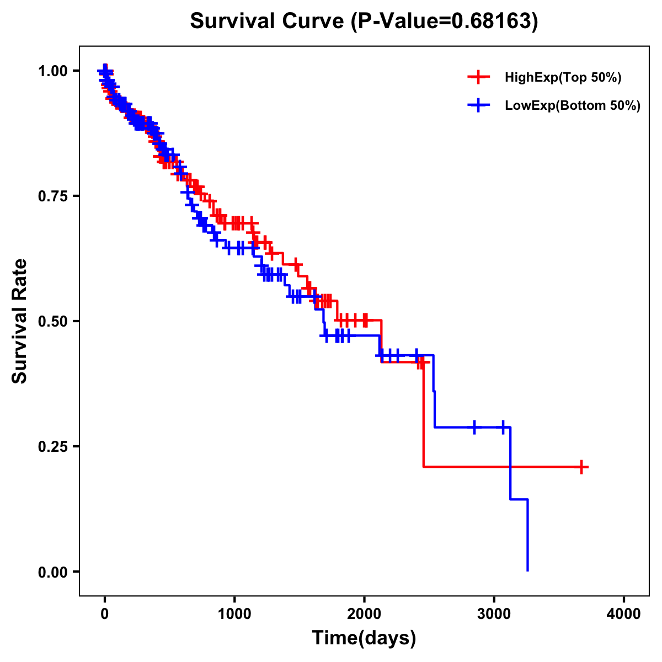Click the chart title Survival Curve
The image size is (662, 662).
pos(268,21)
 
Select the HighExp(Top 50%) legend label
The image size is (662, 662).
pos(563,78)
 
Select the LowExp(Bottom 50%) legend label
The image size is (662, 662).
pos(572,106)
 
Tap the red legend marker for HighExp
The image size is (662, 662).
pos(478,78)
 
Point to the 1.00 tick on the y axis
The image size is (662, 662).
pos(53,71)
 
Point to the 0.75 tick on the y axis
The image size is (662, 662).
pos(53,196)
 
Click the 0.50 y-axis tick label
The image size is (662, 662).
pos(53,321)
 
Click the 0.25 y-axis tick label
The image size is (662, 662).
pos(53,446)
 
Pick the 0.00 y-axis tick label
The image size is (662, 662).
pos(53,572)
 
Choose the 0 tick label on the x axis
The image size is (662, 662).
pos(105,614)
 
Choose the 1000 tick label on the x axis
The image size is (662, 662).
pos(234,614)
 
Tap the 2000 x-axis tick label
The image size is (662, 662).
pos(364,614)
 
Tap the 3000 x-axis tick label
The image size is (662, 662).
pos(494,614)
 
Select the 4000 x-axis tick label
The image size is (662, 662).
pos(624,614)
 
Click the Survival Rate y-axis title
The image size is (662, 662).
pos(20,321)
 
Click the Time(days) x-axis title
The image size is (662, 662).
pos(364,638)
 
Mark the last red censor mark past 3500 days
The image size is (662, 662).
pos(581,467)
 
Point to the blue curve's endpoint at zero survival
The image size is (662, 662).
pos(527,570)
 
